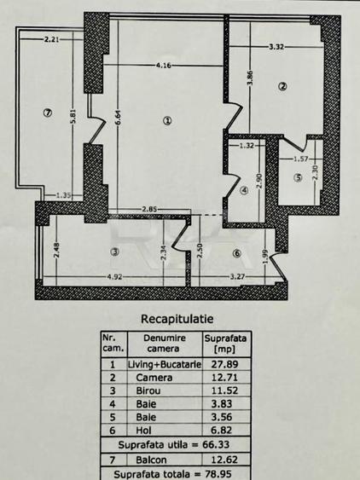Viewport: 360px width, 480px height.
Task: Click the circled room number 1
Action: [167, 121]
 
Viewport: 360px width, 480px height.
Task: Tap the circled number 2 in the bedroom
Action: [282, 86]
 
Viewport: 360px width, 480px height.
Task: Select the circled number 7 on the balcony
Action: [48, 113]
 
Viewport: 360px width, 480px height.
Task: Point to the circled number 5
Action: [298, 177]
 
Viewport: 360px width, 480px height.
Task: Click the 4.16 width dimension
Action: [163, 66]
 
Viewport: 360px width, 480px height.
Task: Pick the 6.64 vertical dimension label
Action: [119, 118]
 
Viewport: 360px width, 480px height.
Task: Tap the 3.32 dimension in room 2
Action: [276, 47]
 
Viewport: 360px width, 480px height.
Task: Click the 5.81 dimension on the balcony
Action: [73, 117]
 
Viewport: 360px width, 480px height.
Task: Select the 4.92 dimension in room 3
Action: [114, 277]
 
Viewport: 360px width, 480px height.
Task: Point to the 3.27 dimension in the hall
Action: [237, 277]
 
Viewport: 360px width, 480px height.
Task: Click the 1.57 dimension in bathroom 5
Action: [301, 159]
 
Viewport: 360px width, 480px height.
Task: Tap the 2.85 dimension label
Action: [149, 210]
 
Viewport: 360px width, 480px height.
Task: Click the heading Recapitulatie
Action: [177, 319]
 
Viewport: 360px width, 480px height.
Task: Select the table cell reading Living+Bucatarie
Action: [165, 364]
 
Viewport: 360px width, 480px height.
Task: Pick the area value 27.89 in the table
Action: [224, 364]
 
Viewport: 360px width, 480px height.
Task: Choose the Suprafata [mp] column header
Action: [225, 344]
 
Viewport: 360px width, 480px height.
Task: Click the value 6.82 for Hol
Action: [222, 430]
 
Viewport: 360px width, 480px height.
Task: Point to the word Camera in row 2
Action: [154, 378]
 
